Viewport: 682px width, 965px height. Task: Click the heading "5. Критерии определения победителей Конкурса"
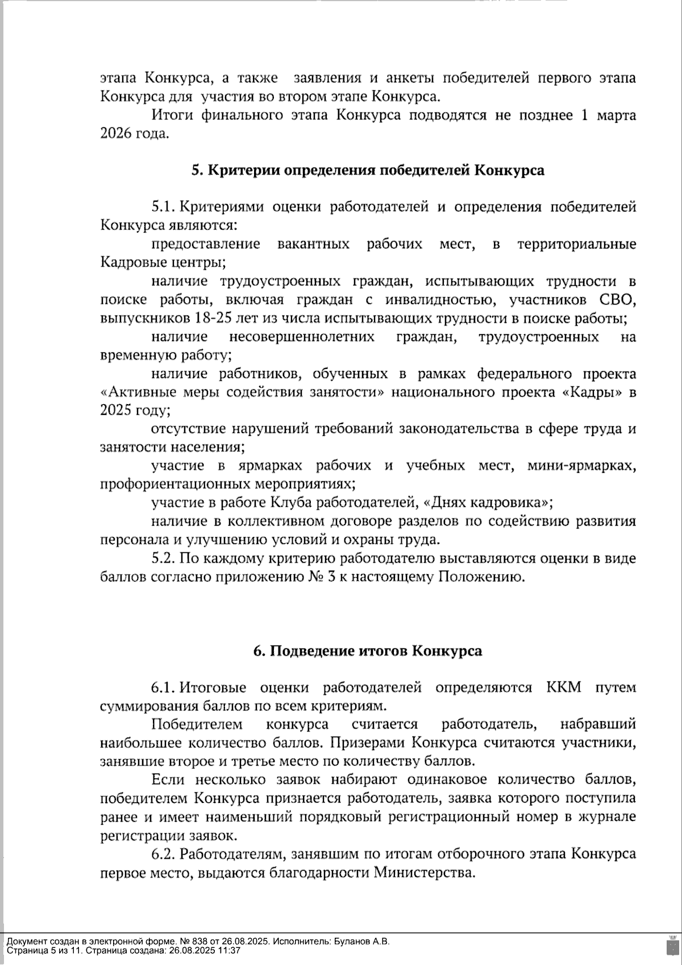[368, 170]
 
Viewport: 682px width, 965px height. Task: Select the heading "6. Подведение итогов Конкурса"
[368, 651]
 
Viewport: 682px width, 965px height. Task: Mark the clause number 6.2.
[165, 854]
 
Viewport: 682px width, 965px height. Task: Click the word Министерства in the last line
[423, 872]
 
